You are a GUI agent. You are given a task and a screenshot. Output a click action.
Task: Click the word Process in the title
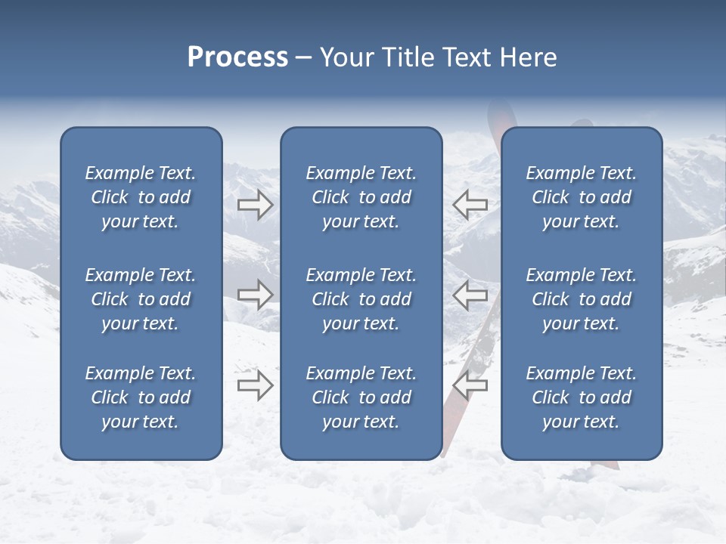tap(237, 57)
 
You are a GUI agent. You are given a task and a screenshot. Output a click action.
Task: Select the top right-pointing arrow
tap(255, 205)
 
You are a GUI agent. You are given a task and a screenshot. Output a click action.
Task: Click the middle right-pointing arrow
tap(255, 295)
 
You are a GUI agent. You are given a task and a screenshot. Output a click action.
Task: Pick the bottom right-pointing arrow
tap(255, 385)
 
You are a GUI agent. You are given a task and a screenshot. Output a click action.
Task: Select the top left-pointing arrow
tap(470, 205)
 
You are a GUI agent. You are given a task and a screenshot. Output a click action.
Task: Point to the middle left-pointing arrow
tap(470, 295)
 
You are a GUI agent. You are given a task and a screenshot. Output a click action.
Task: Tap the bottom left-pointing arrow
tap(470, 385)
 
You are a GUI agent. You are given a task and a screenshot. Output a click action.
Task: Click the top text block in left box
tap(141, 197)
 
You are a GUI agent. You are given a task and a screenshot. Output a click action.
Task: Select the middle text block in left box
tap(141, 299)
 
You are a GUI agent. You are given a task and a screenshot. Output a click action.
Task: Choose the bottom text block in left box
tap(141, 397)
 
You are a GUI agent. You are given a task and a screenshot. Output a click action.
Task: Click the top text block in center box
tap(361, 197)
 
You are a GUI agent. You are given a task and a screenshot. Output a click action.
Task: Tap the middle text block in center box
tap(361, 299)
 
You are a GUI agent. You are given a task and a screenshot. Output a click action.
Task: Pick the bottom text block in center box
tap(361, 397)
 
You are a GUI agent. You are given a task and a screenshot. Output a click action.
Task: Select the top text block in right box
tap(581, 197)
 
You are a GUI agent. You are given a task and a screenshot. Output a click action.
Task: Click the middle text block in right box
tap(581, 299)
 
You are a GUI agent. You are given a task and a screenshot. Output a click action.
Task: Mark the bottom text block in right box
tap(581, 397)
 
